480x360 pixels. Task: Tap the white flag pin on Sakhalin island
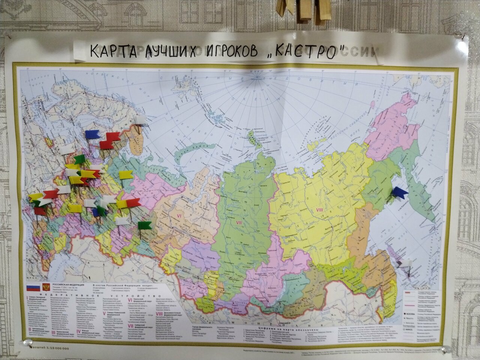point(405,264)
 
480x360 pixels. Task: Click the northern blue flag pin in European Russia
point(92,134)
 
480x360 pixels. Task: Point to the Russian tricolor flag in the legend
point(33,288)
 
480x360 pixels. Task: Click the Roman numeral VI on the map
point(179,216)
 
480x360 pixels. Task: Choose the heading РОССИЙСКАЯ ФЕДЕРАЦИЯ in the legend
point(68,285)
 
